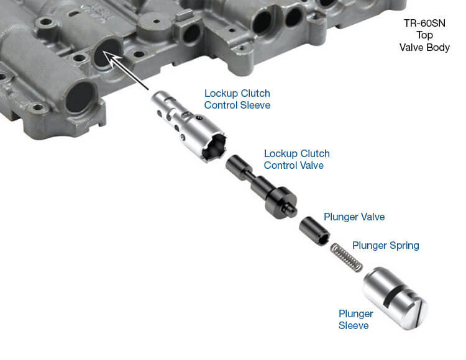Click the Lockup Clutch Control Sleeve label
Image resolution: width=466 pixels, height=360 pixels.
pyautogui.click(x=237, y=99)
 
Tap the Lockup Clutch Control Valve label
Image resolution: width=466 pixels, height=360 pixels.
pyautogui.click(x=296, y=160)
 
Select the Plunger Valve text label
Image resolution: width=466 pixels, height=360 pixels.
pyautogui.click(x=354, y=217)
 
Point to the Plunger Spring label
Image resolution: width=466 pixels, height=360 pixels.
pyautogui.click(x=385, y=245)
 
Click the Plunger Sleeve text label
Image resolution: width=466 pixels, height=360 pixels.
pyautogui.click(x=356, y=320)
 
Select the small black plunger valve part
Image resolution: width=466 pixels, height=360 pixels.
pyautogui.click(x=314, y=230)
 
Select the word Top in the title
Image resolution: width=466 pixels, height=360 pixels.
pyautogui.click(x=425, y=35)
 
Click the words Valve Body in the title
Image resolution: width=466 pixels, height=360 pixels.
pyautogui.click(x=425, y=48)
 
